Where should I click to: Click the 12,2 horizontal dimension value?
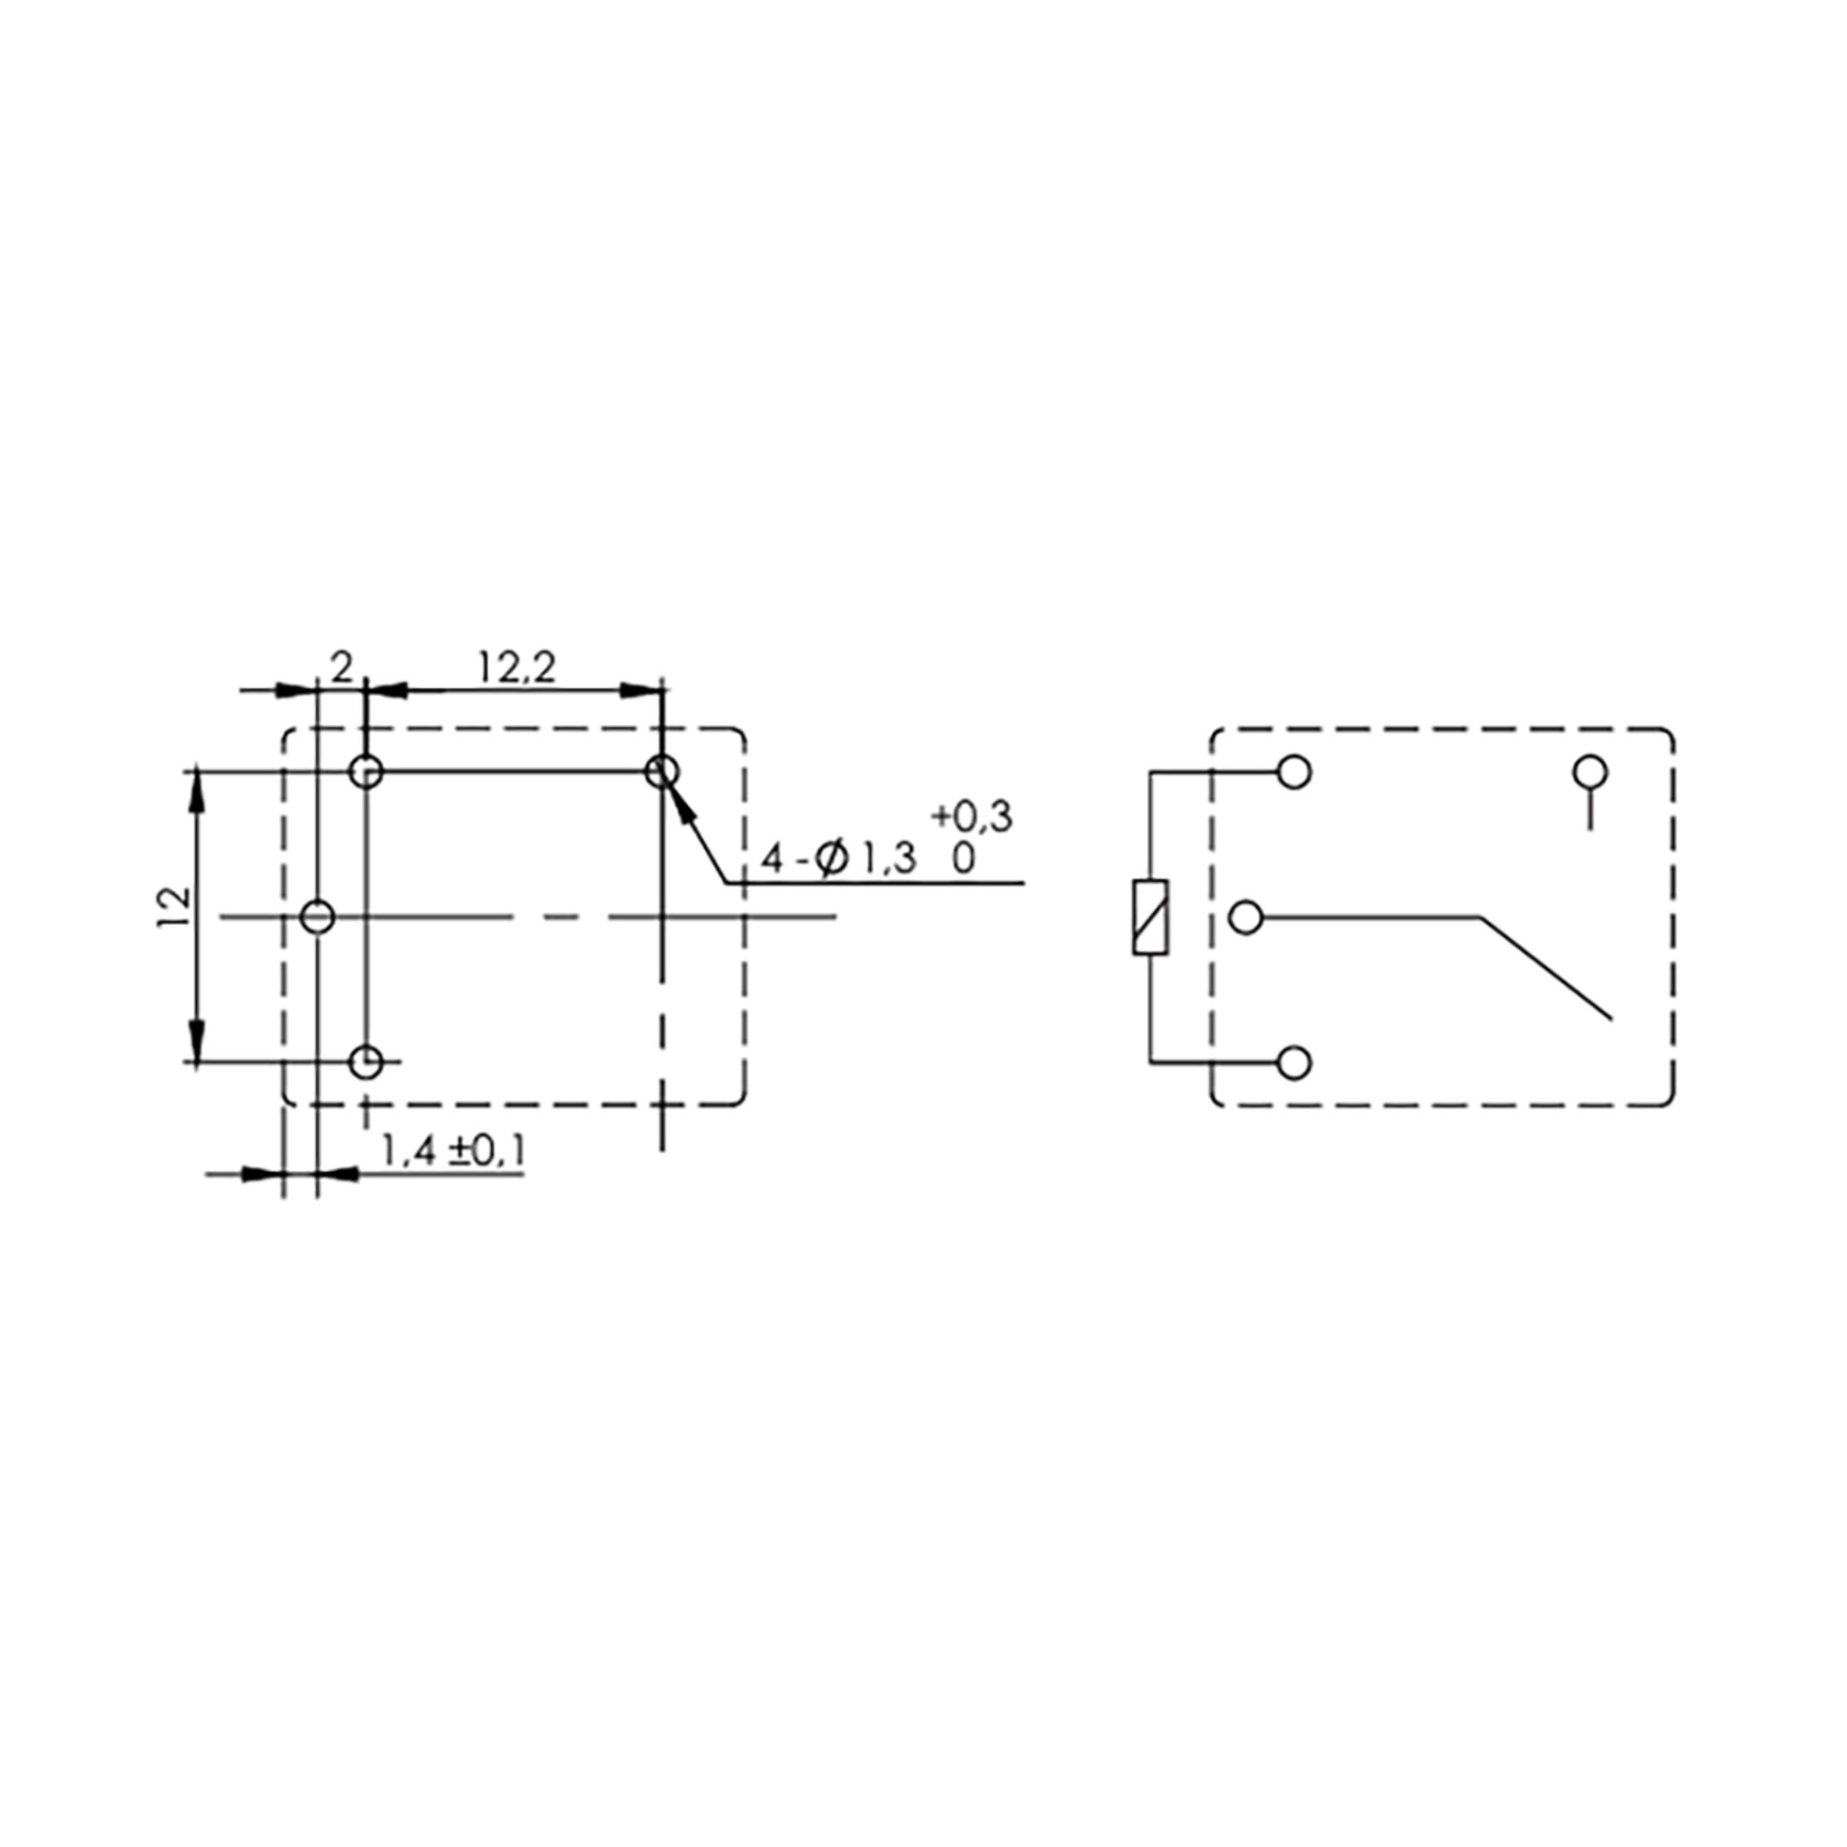tap(516, 668)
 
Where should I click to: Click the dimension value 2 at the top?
tap(341, 667)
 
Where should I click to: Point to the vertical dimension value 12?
tap(174, 908)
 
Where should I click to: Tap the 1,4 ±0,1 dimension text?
tap(453, 1152)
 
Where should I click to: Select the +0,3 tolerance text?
tap(971, 817)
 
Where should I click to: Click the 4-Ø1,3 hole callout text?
tap(837, 860)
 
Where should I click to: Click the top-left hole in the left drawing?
tap(367, 771)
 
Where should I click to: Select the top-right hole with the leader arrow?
tap(662, 770)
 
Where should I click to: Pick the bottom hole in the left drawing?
tap(367, 1061)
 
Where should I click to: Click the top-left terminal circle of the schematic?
tap(1294, 773)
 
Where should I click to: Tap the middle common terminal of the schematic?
tap(1246, 918)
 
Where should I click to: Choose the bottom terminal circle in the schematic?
tap(1294, 1062)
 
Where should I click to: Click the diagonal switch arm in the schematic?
tap(1547, 968)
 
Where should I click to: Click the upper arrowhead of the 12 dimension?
tap(197, 790)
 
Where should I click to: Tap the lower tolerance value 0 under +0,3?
tap(964, 860)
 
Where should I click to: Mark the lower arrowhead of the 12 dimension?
tap(197, 1042)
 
